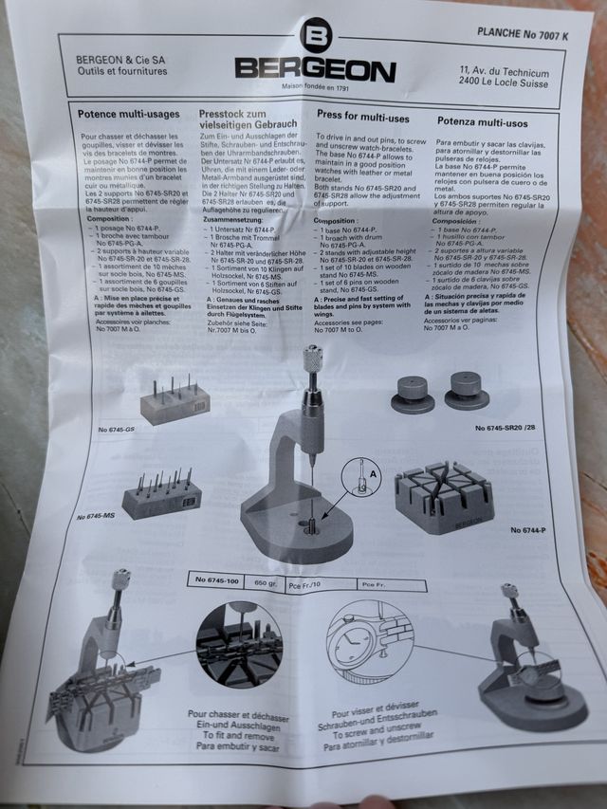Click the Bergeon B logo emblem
(x=315, y=38)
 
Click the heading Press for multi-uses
(x=363, y=119)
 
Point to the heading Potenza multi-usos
(x=482, y=122)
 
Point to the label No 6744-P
(x=527, y=529)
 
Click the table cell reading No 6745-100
(x=216, y=579)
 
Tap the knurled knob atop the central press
(x=311, y=359)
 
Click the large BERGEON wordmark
(x=315, y=70)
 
